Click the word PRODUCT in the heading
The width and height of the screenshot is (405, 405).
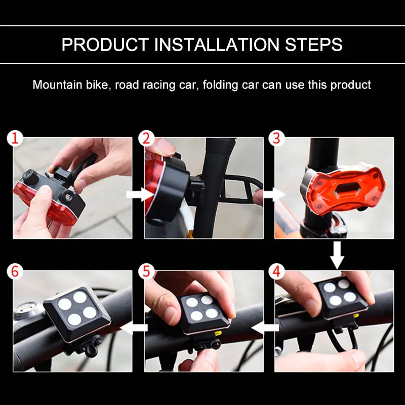[x=105, y=45]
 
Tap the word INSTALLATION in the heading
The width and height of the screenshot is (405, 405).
[x=217, y=45]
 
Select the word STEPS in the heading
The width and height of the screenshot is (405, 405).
[x=313, y=45]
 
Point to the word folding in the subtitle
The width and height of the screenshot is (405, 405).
[x=220, y=85]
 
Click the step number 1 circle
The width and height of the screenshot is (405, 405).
[x=15, y=138]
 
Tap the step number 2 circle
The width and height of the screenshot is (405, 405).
[x=146, y=138]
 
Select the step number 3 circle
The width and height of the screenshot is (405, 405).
[x=276, y=138]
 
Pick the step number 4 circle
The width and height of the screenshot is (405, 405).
[x=276, y=271]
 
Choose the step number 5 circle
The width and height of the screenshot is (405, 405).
[x=146, y=271]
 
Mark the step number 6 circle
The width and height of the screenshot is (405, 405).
[x=15, y=271]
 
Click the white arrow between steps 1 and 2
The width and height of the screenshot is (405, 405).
[x=140, y=194]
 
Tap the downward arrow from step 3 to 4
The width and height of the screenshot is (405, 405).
[x=337, y=255]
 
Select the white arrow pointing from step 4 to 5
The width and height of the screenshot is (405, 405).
[x=265, y=328]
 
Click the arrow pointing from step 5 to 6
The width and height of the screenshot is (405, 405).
[x=134, y=328]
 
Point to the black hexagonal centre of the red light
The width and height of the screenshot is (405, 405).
[x=347, y=189]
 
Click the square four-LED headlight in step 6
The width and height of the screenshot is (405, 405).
[x=77, y=312]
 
